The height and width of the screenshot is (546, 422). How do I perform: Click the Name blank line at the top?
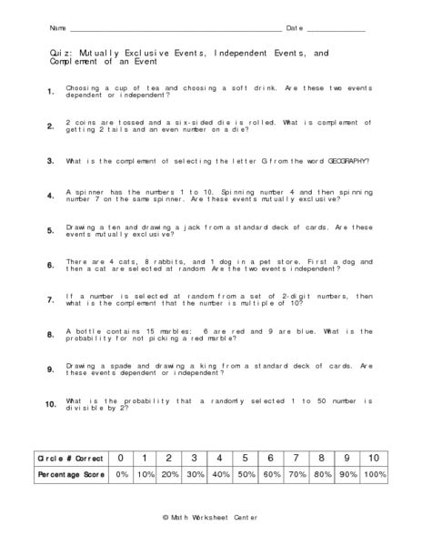click(173, 30)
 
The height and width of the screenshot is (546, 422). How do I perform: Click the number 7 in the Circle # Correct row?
click(296, 457)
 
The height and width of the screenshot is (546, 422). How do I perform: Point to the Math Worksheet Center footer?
click(211, 517)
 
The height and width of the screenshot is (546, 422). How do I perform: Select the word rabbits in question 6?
click(147, 262)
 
